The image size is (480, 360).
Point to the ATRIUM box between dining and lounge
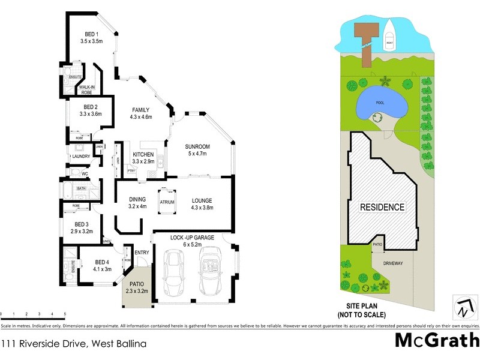point(167,202)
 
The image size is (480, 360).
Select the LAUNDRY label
point(80,157)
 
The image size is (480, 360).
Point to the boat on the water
point(390,34)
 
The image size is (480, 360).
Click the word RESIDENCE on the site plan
point(382,207)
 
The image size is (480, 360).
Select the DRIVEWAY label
point(390,263)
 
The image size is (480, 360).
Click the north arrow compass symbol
point(463,307)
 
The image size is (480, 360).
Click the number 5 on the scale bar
point(65,314)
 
